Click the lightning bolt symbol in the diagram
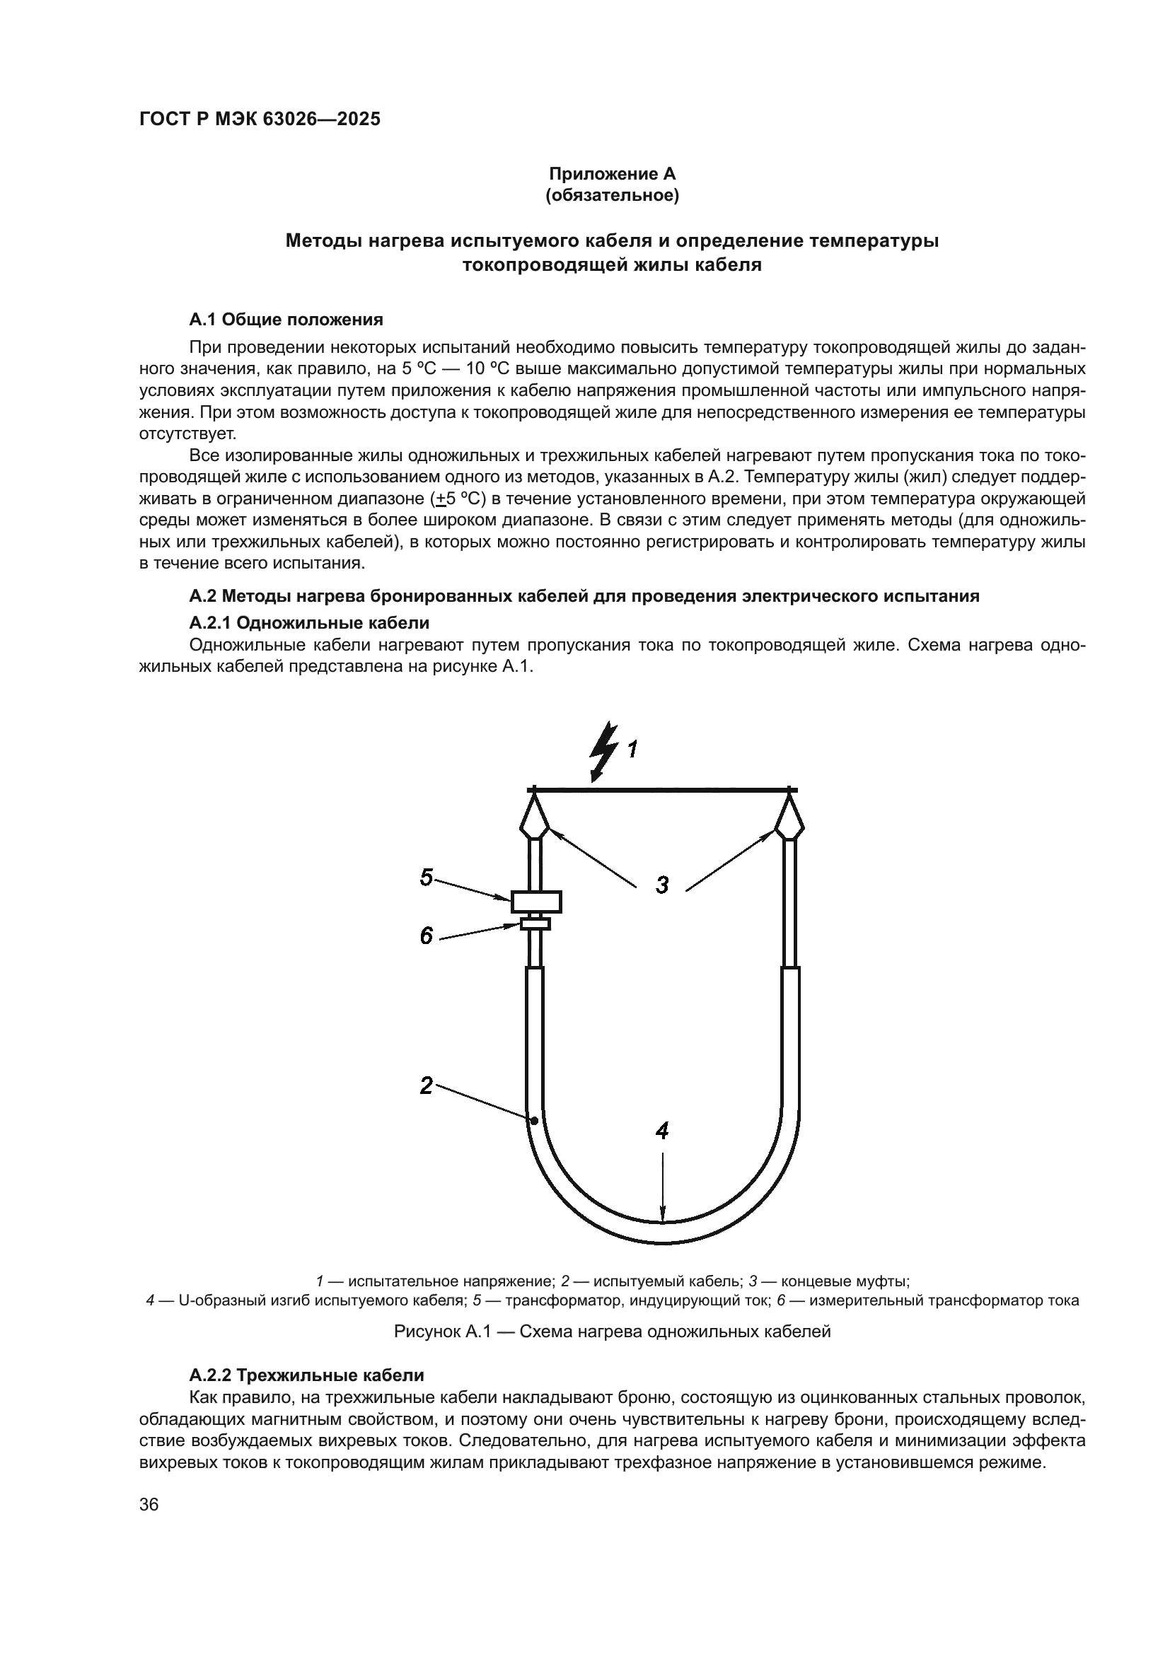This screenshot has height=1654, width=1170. point(603,750)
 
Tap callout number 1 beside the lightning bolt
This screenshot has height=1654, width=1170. point(632,750)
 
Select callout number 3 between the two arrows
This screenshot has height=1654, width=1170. point(662,885)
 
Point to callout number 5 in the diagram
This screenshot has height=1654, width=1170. point(427,877)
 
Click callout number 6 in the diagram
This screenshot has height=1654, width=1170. point(427,936)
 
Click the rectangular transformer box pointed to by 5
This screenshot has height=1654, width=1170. point(536,901)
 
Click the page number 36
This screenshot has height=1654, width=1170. point(149,1505)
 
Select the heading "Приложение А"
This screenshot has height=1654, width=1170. point(613,174)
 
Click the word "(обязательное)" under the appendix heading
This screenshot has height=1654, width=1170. point(613,196)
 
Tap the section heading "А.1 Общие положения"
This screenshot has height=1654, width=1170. point(286,319)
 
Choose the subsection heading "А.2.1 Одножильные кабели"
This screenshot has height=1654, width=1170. point(309,622)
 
